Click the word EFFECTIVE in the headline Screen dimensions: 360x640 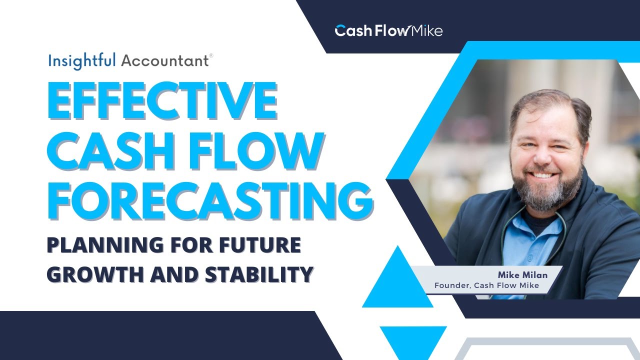162,102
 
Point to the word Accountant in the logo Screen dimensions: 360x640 165,61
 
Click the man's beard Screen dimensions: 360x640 550,192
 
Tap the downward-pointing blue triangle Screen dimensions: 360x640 413,340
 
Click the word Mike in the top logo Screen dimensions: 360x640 426,31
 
